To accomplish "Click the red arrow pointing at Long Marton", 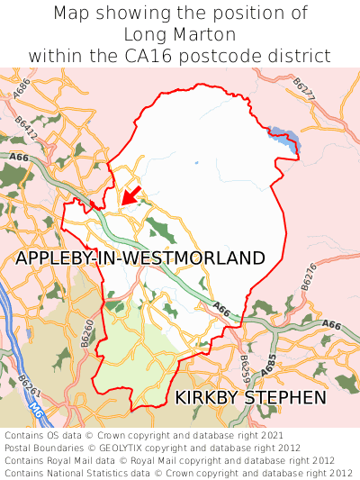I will tap(131, 194).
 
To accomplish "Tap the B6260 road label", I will tap(87, 332).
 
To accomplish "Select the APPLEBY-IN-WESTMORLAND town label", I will tap(140, 258).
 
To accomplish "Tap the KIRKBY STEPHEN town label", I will tap(250, 397).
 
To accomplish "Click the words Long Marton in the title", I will tap(180, 34).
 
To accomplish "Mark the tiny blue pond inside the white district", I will tap(195, 163).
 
